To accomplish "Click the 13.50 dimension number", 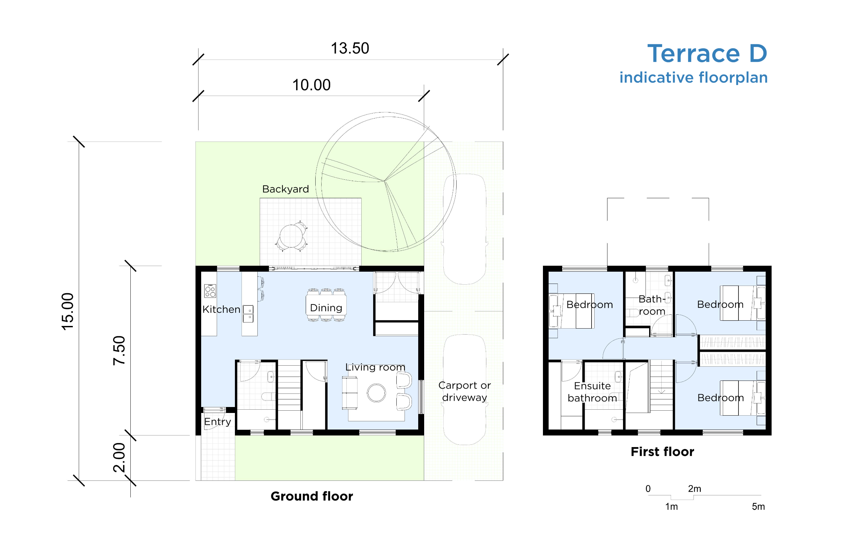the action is point(350,49).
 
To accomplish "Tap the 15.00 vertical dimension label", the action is point(67,312).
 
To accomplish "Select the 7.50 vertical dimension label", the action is point(119,350).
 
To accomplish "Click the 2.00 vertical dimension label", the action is point(119,457).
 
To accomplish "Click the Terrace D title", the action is point(707,54).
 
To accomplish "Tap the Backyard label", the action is point(285,189).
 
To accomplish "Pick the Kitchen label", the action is point(221,309).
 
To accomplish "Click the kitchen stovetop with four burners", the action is point(210,291).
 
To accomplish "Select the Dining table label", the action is point(326,308).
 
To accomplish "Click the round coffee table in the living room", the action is point(376,393).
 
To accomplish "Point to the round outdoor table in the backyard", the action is point(291,236).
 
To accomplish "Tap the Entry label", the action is point(218,422).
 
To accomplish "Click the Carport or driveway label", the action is point(464,391).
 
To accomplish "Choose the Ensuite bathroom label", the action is point(592,392).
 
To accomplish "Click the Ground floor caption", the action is point(312,496).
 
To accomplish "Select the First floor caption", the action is point(662,452).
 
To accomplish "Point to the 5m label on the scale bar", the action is point(758,507).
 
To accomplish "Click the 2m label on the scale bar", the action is point(694,488).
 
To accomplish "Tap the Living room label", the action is point(375,367).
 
